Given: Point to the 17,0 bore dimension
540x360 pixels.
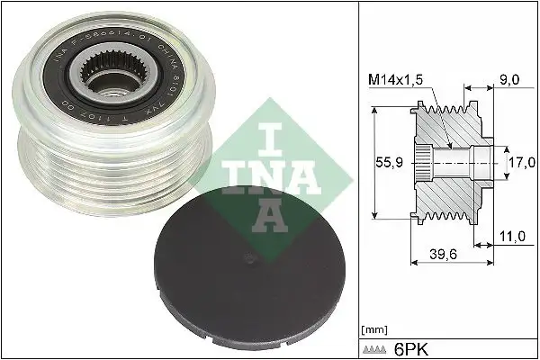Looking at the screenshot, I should (521, 165).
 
